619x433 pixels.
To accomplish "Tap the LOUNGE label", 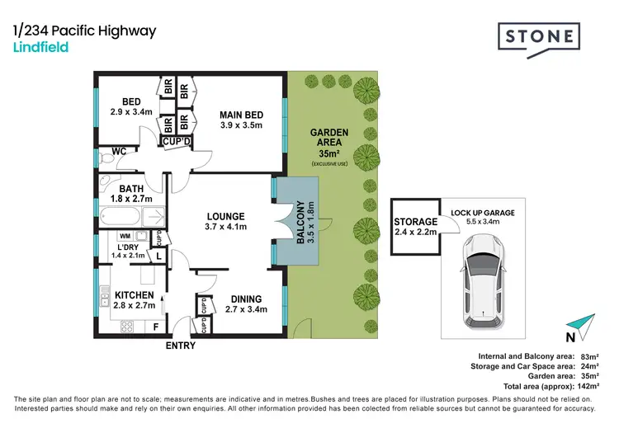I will (225, 217).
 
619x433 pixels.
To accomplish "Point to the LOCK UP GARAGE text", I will (483, 212).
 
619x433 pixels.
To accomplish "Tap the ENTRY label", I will (181, 346).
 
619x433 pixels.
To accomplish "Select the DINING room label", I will (246, 299).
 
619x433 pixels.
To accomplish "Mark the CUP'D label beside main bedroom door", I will (174, 142).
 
